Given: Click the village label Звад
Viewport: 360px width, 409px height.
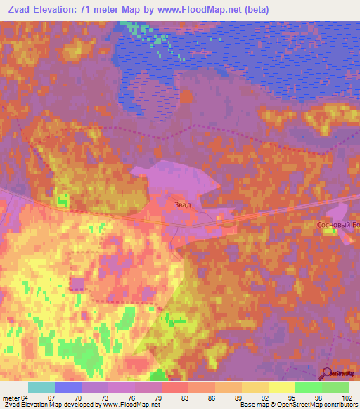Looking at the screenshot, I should (x=181, y=204).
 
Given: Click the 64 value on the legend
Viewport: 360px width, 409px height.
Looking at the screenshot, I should (x=25, y=398).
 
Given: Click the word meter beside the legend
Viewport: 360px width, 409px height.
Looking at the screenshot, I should (x=11, y=398).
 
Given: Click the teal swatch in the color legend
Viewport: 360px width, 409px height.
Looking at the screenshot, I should (x=41, y=387).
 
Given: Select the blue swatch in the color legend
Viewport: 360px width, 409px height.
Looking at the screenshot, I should (x=68, y=387).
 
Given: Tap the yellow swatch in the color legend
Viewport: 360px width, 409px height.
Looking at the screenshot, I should (x=255, y=387).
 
